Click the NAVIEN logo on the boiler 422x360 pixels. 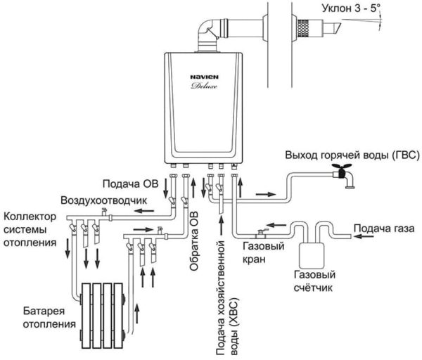204,77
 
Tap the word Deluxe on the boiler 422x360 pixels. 204,86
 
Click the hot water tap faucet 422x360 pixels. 343,175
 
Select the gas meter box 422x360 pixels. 312,255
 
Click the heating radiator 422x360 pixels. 103,315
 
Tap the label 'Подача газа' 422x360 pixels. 384,229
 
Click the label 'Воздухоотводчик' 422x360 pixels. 104,200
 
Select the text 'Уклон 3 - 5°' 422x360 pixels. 351,8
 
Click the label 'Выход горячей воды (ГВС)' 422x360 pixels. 352,155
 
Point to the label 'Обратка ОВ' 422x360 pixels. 194,241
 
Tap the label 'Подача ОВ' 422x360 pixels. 131,184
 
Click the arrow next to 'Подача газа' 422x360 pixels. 364,236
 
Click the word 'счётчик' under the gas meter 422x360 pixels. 313,288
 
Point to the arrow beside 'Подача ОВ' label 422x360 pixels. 166,188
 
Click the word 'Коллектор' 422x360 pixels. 30,217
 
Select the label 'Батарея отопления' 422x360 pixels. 49,318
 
